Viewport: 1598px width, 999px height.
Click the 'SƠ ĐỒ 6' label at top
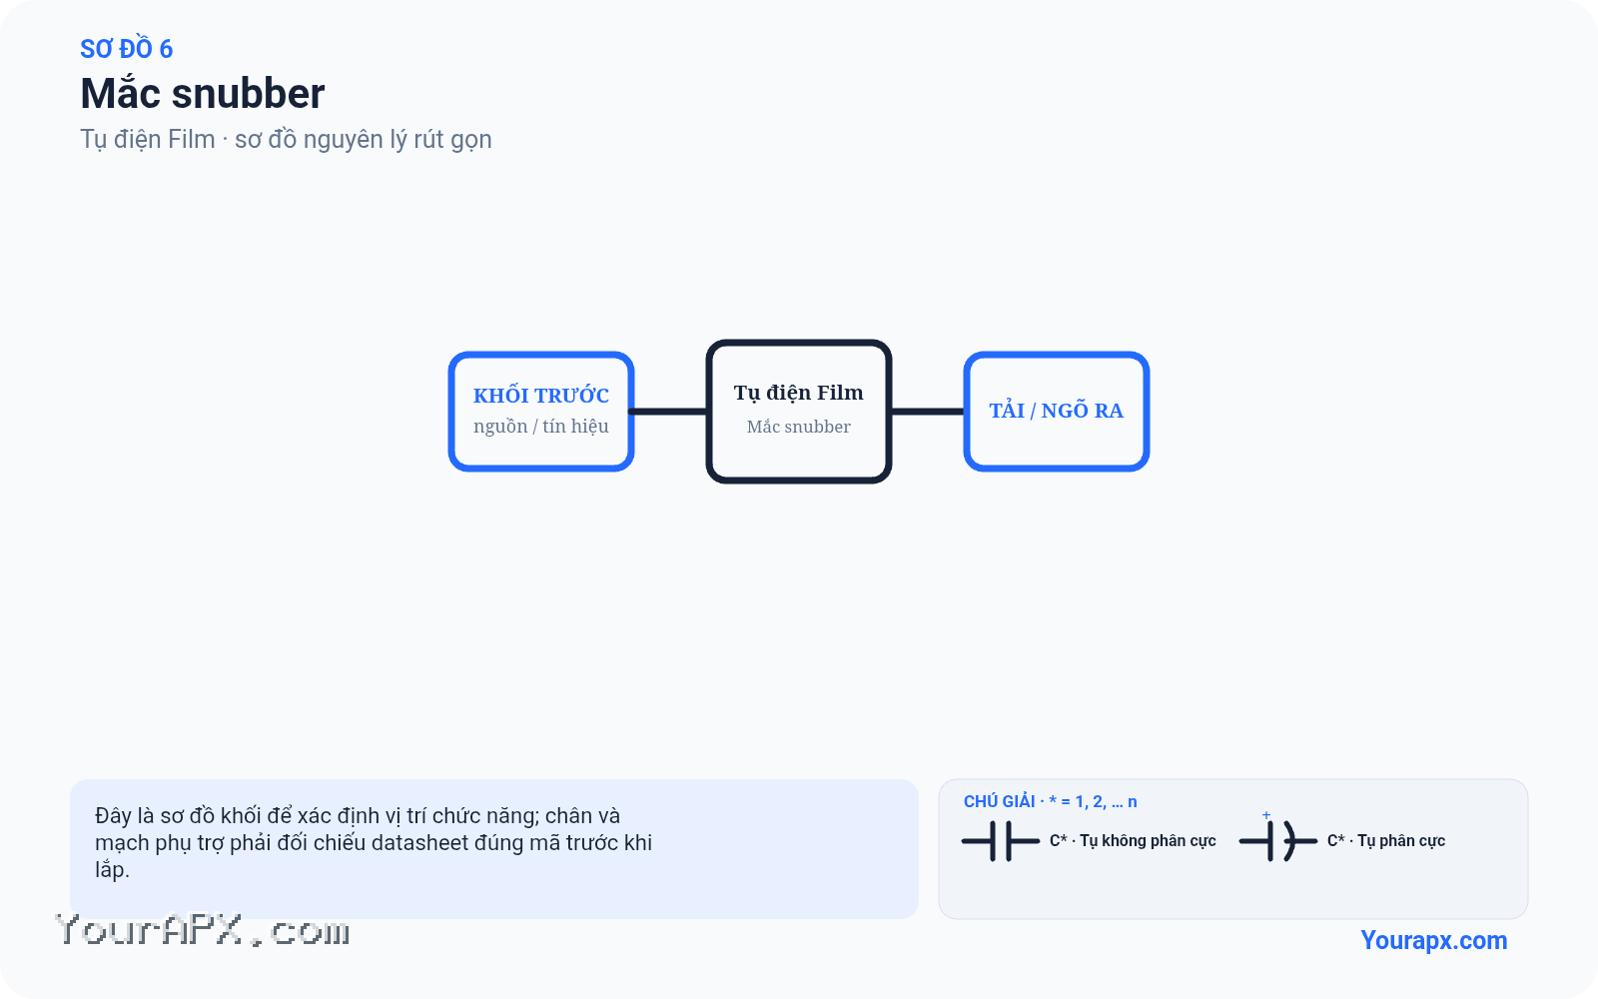[126, 49]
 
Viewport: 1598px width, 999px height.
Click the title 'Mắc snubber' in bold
[203, 94]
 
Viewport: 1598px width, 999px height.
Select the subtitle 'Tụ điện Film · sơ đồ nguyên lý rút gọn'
[286, 139]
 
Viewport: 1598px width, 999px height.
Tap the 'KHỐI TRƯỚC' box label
[540, 395]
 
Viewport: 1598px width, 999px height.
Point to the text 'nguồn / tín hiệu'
[540, 427]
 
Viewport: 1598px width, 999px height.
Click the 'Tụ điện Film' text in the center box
[798, 394]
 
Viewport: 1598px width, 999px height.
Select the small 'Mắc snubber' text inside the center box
[798, 427]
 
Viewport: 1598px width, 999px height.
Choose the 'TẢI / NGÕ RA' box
[1056, 411]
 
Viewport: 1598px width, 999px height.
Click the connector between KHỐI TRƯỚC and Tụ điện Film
[668, 412]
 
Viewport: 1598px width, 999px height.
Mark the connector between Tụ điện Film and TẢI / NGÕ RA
[928, 412]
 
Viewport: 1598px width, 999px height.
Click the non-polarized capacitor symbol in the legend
[1000, 841]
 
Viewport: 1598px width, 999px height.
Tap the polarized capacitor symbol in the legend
[1277, 841]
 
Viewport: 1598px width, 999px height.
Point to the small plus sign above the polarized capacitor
[1266, 815]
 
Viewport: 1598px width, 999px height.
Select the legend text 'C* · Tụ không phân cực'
[1133, 841]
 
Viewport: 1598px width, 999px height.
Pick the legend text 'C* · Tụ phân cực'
[1386, 841]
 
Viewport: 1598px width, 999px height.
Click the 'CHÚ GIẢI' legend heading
[999, 801]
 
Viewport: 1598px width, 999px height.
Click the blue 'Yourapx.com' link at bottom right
[1434, 940]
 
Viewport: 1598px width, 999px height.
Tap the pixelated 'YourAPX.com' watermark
[202, 930]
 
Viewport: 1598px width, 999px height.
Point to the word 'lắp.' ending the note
[112, 870]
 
